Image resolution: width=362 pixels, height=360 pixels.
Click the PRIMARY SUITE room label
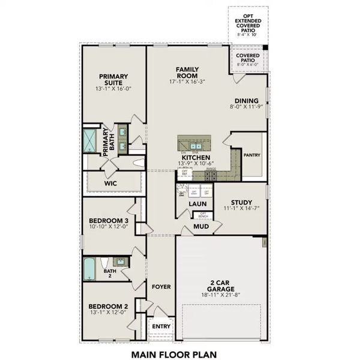pos(113,80)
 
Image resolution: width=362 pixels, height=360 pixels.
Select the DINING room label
pos(247,101)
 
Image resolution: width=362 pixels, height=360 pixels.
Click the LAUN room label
pos(198,204)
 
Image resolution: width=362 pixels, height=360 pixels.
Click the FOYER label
pos(160,287)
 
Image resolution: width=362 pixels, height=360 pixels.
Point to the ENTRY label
pos(161,326)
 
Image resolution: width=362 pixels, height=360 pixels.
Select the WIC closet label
pos(110,183)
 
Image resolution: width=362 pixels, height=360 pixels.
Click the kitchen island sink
pos(196,145)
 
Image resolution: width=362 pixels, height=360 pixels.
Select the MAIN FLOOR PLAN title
pos(173,354)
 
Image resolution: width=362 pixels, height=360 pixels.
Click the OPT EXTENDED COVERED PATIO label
pos(248,22)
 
